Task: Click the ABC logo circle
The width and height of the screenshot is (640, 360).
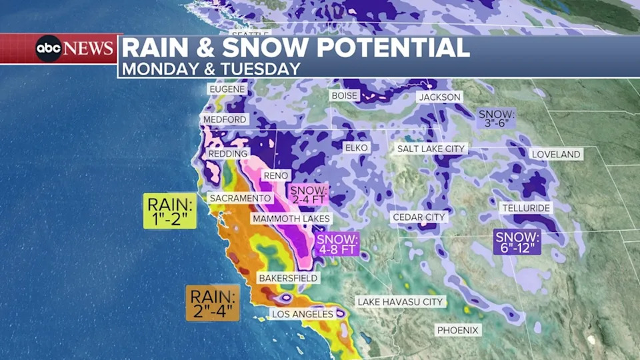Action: point(49,49)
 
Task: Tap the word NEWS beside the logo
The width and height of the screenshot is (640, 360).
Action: point(89,49)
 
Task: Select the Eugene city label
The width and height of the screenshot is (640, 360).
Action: point(227,89)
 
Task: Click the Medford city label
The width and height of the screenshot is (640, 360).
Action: point(225,119)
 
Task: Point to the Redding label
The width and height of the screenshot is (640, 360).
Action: point(228,153)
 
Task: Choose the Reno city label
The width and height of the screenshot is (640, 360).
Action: point(275,175)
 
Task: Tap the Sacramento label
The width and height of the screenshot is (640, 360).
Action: point(240,198)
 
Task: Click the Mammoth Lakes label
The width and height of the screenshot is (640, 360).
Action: point(291,219)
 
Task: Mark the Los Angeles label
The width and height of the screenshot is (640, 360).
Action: point(302,313)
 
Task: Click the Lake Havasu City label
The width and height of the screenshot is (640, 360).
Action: point(400,302)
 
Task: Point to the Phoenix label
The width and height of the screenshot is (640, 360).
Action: point(458,330)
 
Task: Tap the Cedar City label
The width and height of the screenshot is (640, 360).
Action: point(419,217)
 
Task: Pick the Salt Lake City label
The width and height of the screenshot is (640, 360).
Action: point(431,149)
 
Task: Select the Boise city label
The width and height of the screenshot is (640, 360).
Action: point(345,95)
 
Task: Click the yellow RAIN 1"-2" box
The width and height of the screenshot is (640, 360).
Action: point(170,211)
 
